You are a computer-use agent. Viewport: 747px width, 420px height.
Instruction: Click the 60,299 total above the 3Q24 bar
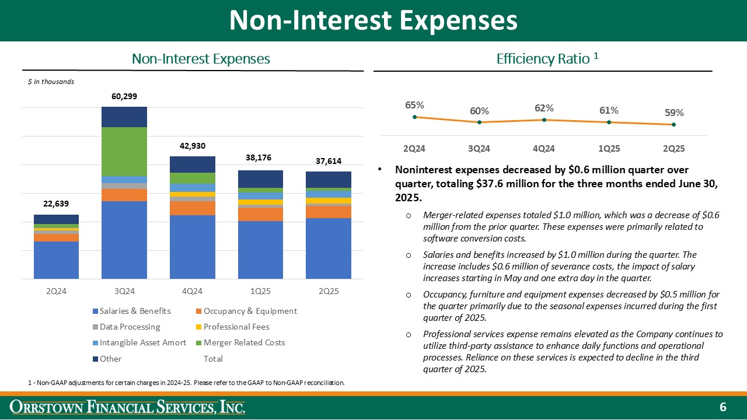(124, 96)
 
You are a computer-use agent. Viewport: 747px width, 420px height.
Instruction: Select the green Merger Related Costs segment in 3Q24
(124, 151)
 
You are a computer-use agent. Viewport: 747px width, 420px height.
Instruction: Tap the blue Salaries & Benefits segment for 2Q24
(56, 260)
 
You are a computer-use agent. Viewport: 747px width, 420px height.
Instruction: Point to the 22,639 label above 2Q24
(56, 204)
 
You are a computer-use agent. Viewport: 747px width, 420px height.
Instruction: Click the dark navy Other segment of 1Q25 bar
(260, 178)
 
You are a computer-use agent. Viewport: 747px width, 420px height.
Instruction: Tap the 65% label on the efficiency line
(414, 105)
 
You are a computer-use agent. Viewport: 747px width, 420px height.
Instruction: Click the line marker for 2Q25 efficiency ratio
(673, 124)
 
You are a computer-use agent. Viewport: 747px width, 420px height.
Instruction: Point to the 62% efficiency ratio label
(544, 108)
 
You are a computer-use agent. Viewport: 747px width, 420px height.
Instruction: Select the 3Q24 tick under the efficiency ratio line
(479, 148)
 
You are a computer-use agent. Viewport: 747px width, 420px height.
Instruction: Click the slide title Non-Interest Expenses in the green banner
(373, 20)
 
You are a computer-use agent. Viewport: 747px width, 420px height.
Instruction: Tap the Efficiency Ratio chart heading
(547, 58)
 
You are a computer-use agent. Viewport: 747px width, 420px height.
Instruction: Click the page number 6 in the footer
(722, 407)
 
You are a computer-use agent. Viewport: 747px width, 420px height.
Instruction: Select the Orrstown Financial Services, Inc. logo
(129, 407)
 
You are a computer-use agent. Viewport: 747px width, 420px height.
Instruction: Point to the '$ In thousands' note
(51, 82)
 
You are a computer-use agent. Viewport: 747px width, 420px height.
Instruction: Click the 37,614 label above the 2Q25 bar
(329, 161)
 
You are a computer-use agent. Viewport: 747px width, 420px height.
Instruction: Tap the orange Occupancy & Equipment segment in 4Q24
(192, 208)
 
